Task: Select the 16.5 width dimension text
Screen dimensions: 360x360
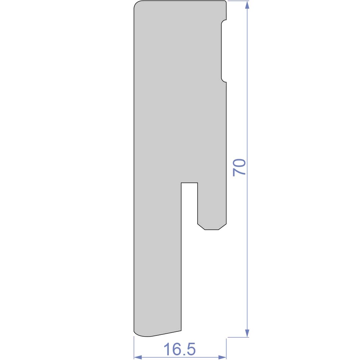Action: [180, 349]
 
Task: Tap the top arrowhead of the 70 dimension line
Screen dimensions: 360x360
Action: [247, 5]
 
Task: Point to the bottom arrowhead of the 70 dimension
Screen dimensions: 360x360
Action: [247, 333]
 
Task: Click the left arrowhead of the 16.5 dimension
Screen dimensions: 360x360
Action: [138, 357]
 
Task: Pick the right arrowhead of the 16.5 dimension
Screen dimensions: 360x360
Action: [222, 357]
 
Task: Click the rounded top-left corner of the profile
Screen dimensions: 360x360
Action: [136, 3]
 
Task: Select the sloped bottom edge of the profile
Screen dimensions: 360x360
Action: [166, 334]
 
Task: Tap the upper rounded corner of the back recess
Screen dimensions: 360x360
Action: [223, 21]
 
